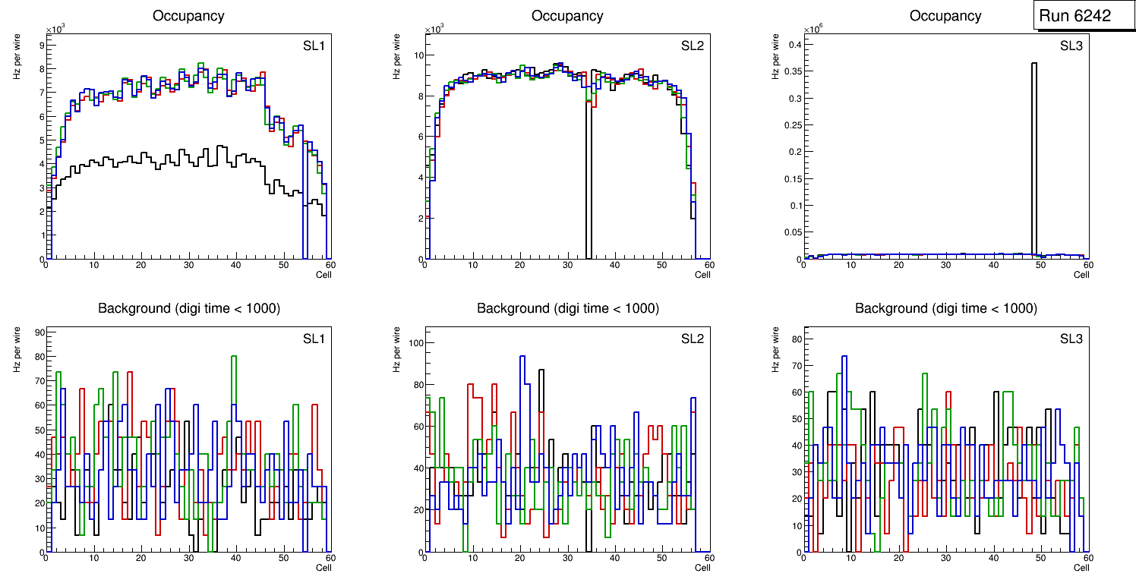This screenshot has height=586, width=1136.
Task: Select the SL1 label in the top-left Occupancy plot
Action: (x=314, y=46)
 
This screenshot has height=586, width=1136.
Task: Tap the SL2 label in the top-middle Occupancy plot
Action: (x=692, y=46)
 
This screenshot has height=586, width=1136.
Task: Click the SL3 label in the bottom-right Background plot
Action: (x=1071, y=339)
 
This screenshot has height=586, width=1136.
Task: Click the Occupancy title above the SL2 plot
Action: (x=567, y=16)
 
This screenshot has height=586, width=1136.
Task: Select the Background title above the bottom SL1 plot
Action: (x=189, y=308)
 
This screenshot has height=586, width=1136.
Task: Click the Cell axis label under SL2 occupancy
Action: (x=702, y=275)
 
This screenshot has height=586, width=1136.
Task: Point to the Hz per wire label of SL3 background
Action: (x=775, y=348)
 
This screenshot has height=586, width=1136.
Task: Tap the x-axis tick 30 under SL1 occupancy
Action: (x=188, y=265)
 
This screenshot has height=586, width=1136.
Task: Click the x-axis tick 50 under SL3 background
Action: (x=1040, y=558)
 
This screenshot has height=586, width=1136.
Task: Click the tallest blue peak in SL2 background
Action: (x=522, y=356)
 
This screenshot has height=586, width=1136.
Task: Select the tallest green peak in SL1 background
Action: (x=235, y=356)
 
